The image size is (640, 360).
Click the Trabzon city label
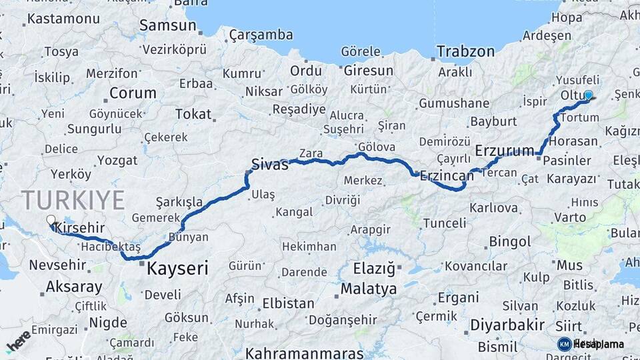(x=465, y=51)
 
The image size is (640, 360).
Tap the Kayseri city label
(x=177, y=269)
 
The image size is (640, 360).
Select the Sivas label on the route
(x=269, y=163)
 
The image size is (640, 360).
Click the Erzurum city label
(x=504, y=151)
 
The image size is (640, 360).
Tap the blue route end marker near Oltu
(x=588, y=95)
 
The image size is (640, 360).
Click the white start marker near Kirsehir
(x=51, y=219)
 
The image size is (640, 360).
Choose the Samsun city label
(x=167, y=25)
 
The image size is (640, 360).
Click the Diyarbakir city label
(x=507, y=325)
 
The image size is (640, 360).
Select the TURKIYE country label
(x=73, y=200)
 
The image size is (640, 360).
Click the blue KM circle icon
(x=564, y=344)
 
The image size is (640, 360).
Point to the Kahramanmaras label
(x=304, y=353)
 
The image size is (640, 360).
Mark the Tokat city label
(x=193, y=114)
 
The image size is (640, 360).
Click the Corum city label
(x=132, y=93)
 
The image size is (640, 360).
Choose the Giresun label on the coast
(x=369, y=70)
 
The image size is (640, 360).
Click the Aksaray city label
(x=74, y=287)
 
